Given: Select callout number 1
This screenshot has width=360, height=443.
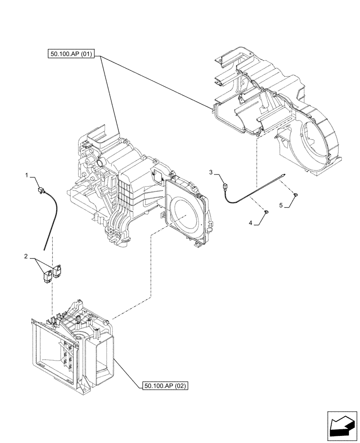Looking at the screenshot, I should pos(27,176).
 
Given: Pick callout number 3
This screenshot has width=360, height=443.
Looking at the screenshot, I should pos(211,171).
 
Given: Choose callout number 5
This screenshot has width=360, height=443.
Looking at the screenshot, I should pos(281,205).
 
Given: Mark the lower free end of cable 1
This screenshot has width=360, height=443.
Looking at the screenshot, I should pos(44,249).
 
